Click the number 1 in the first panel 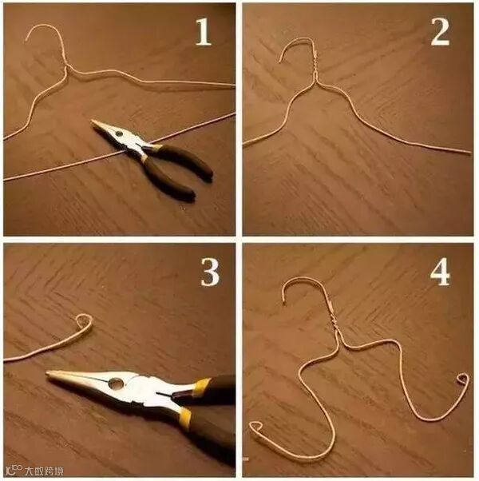pos(204,32)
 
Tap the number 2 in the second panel pos(440,32)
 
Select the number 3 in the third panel pos(210,272)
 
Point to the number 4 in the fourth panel pos(440,272)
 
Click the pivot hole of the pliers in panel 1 pos(119,133)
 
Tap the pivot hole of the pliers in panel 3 pos(116,383)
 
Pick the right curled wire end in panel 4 pos(463,380)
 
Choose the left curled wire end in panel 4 pos(255,427)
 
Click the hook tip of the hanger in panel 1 pos(26,40)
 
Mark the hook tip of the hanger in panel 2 pos(281,62)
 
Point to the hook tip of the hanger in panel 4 pos(285,304)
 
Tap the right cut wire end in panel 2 pos(469,152)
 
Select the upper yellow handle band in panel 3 pos(203,384)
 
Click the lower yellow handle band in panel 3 pos(185,416)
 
